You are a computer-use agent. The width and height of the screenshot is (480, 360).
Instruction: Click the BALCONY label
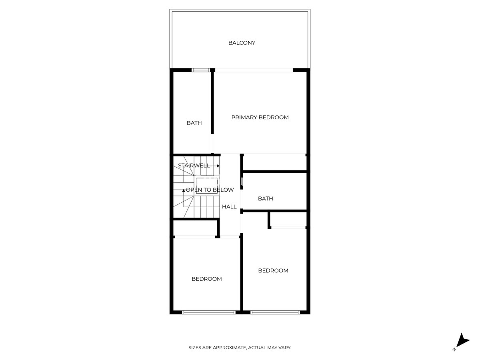coord(242,43)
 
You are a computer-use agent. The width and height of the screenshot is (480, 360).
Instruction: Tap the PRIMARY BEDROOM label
coord(260,117)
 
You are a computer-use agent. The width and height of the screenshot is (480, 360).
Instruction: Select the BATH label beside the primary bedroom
coord(194,123)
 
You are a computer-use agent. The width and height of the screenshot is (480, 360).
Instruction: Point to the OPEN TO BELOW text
coord(210,190)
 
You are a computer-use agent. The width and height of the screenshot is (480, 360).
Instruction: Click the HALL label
coord(229,207)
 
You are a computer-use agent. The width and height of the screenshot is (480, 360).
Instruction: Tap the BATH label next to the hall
coord(266,198)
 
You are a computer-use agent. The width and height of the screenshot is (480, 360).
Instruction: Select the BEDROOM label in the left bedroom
coord(206,279)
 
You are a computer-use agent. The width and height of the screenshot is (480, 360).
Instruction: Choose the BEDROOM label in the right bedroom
coord(273,270)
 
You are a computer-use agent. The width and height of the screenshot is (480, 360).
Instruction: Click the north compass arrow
coord(464,340)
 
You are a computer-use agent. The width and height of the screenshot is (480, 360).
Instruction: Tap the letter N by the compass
coord(454,350)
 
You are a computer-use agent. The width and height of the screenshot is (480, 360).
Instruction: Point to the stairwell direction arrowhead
coord(218,166)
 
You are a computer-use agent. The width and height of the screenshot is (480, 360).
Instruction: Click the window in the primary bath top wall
coord(201,70)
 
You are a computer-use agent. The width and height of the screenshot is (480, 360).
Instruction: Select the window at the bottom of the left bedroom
coord(208,312)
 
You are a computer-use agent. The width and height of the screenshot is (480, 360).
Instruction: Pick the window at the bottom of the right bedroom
coord(275,312)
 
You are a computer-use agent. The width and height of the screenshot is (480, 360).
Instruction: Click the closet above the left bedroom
coord(195,228)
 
